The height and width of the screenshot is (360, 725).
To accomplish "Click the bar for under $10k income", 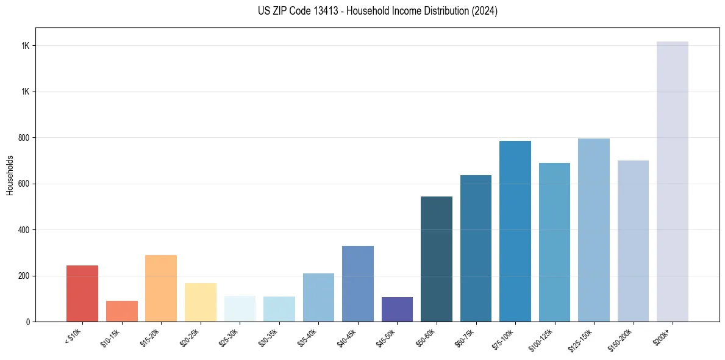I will pos(82,293).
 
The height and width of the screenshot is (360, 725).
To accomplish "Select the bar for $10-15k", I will pos(122,311).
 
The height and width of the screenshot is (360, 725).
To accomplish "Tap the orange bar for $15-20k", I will pos(161,288).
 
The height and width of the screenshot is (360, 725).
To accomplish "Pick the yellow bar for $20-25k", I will pos(201,302).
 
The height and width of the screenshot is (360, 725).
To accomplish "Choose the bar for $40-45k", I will pos(358,284).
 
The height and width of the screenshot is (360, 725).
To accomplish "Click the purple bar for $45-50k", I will pos(397,309).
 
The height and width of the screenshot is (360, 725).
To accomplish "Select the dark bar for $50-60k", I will pos(437,259).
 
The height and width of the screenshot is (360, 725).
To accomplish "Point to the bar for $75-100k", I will pos(515,231).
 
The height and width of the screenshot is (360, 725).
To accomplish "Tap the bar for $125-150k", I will pos(594,230).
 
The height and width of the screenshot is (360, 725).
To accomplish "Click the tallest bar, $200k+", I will pos(673,181).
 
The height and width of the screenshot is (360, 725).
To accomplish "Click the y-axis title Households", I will pos(10,175).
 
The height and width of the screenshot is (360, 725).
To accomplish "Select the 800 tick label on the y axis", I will pos(24,138).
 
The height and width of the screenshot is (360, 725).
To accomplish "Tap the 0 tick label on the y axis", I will pos(28,322).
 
